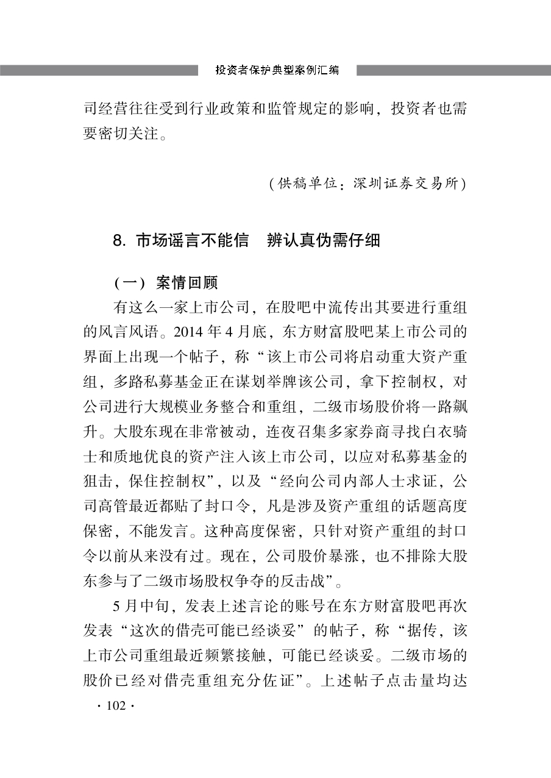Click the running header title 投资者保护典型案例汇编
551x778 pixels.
coord(277,70)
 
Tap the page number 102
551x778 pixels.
coord(115,705)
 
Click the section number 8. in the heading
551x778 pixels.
coord(119,241)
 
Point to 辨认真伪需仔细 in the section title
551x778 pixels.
coord(324,241)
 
